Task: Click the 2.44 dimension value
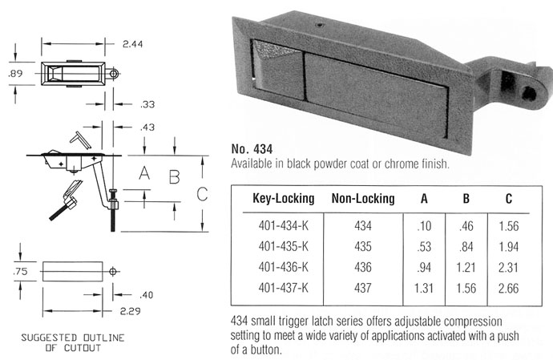[132, 44]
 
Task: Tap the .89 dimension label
[15, 74]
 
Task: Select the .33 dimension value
[147, 104]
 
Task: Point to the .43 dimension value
[147, 127]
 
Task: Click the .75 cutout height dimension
[20, 272]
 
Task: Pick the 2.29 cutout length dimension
[130, 311]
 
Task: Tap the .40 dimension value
[147, 295]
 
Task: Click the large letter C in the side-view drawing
[202, 194]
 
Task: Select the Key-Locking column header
[283, 198]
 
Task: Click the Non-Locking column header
[363, 198]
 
